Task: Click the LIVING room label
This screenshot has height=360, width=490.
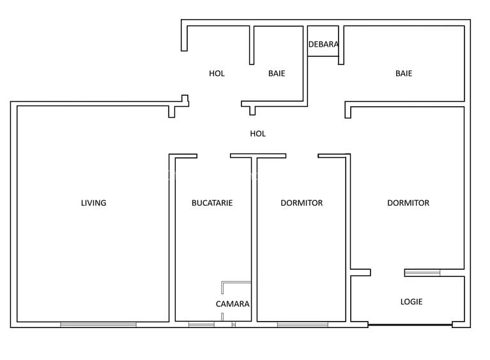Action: (x=93, y=203)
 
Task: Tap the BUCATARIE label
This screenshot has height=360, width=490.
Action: (x=212, y=203)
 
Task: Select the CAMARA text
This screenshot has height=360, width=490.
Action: (x=233, y=304)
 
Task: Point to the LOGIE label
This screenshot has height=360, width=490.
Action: (x=411, y=302)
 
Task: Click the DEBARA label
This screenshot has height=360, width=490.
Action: (x=323, y=45)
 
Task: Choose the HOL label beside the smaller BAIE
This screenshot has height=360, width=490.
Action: (x=217, y=74)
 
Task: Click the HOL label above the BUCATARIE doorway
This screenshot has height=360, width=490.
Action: (x=257, y=134)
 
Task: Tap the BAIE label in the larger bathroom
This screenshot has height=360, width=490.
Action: (x=404, y=74)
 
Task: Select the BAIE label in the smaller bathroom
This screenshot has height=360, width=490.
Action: (x=277, y=74)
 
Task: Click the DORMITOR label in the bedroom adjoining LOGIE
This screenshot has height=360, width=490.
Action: (x=408, y=203)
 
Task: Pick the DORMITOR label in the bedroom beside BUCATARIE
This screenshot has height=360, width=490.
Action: (x=302, y=203)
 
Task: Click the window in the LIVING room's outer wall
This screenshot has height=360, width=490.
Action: (x=98, y=325)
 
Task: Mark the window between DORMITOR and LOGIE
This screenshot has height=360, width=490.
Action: (x=422, y=273)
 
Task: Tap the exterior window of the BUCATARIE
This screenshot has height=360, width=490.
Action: (x=201, y=325)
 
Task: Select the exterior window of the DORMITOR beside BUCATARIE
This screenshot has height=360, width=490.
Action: (x=302, y=325)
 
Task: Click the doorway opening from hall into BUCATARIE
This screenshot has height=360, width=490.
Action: (x=213, y=155)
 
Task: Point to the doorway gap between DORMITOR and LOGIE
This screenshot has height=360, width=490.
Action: (x=387, y=273)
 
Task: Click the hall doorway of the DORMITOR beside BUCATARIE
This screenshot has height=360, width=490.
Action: (x=302, y=155)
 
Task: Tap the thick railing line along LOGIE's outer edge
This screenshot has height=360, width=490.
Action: (x=410, y=325)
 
